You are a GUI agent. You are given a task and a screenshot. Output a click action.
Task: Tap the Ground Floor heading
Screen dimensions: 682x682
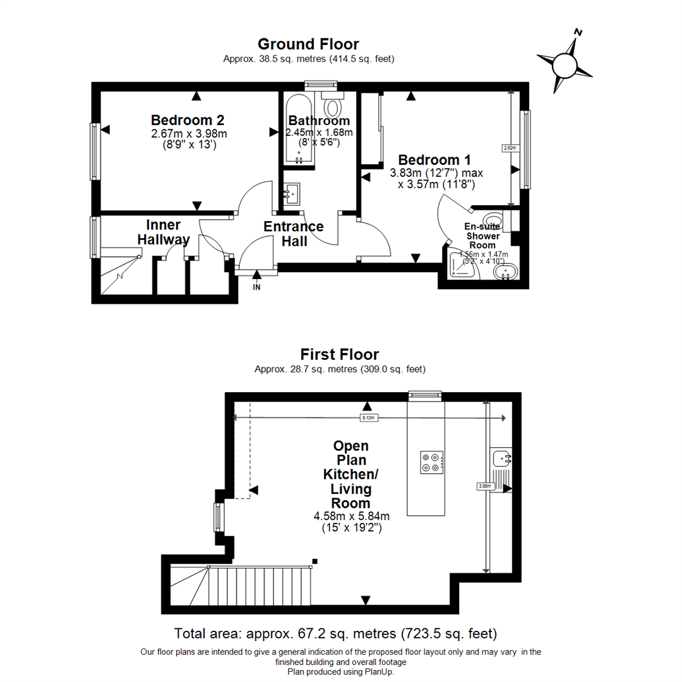pyautogui.click(x=308, y=44)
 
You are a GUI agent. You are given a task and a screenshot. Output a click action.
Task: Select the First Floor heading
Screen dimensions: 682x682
pyautogui.click(x=340, y=354)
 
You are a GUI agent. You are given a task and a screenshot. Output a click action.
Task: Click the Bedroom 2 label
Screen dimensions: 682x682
pyautogui.click(x=188, y=120)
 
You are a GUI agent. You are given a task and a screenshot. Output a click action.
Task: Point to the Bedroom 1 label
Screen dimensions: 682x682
pyautogui.click(x=434, y=159)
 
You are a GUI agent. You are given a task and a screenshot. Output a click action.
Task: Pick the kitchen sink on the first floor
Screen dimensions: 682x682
pyautogui.click(x=503, y=458)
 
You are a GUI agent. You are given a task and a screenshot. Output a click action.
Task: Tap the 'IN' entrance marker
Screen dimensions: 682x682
pyautogui.click(x=256, y=287)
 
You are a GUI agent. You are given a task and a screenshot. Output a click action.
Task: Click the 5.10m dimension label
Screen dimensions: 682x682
pyautogui.click(x=368, y=418)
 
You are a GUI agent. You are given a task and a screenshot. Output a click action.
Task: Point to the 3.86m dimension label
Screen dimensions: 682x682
pyautogui.click(x=485, y=486)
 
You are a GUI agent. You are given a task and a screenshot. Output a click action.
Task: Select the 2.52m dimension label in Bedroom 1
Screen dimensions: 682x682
pyautogui.click(x=510, y=148)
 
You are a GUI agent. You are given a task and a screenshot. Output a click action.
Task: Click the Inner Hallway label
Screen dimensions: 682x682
pyautogui.click(x=164, y=232)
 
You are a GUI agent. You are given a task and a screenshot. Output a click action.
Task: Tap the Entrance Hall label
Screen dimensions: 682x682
pyautogui.click(x=294, y=234)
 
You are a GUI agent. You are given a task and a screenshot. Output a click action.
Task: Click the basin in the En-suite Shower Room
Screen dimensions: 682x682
pyautogui.click(x=506, y=273)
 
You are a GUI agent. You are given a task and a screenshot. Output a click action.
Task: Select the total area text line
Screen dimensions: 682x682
pyautogui.click(x=335, y=633)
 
